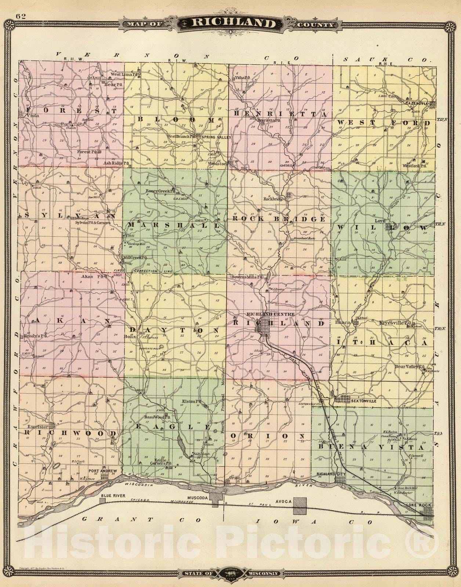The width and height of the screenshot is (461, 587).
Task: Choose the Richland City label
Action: click(331, 474)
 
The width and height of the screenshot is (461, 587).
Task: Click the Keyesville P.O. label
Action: click(397, 323)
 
